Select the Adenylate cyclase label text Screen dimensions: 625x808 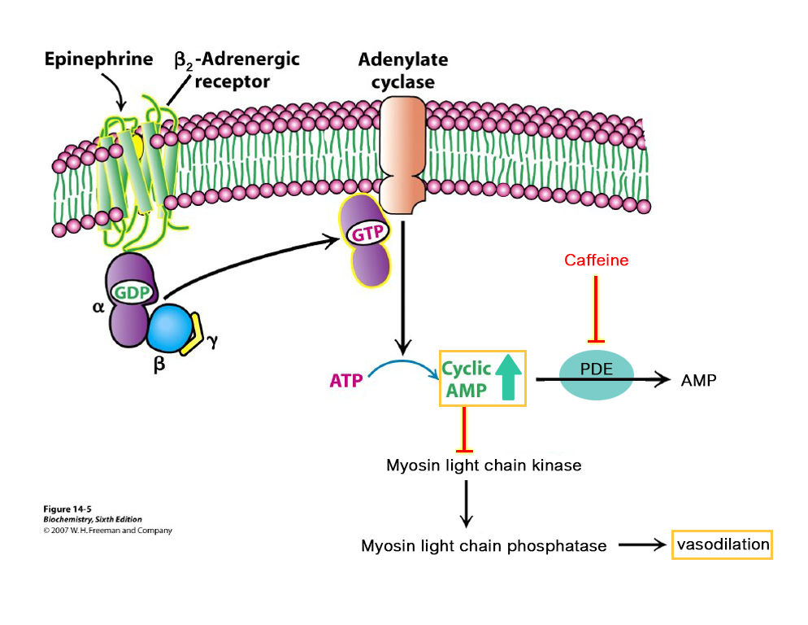point(402,71)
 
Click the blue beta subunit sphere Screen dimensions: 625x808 point(172,328)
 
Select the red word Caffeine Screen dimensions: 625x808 point(597,260)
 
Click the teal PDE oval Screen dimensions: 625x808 point(597,375)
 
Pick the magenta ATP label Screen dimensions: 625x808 point(345,380)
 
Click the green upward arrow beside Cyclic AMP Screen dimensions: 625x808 point(509,377)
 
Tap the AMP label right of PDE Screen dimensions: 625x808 point(698,380)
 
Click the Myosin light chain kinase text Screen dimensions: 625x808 point(484,465)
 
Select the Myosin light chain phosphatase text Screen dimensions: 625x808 point(484,546)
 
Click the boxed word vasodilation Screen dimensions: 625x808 point(722,544)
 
